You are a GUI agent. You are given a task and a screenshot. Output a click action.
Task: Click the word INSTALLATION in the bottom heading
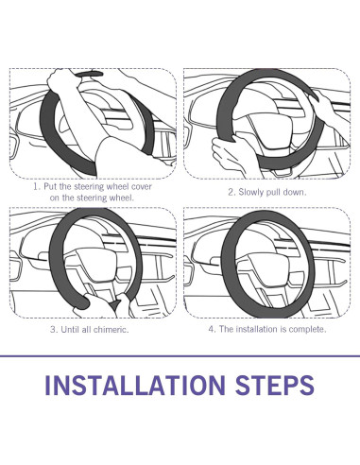coord(135,385)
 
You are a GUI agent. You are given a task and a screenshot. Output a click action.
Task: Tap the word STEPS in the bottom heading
coord(275,385)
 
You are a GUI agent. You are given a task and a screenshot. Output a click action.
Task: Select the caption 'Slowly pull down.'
coord(272,192)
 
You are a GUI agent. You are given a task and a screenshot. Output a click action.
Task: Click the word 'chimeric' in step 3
coord(111,330)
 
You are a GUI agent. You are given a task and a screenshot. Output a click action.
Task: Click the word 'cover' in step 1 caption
coord(142,186)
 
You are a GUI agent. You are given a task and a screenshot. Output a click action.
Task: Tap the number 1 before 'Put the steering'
coord(37,186)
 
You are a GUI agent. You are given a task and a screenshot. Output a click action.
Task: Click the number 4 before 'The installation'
coord(212,329)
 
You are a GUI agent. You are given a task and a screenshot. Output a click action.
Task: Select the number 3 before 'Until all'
coord(54,330)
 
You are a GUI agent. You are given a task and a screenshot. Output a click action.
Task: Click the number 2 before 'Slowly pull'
coord(231,192)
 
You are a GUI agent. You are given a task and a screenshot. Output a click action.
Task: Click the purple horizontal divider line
coord(180,356)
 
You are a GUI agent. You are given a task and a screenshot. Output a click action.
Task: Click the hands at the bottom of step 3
coord(104,305)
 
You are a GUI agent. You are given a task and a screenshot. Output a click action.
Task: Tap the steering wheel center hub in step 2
coord(271,130)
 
